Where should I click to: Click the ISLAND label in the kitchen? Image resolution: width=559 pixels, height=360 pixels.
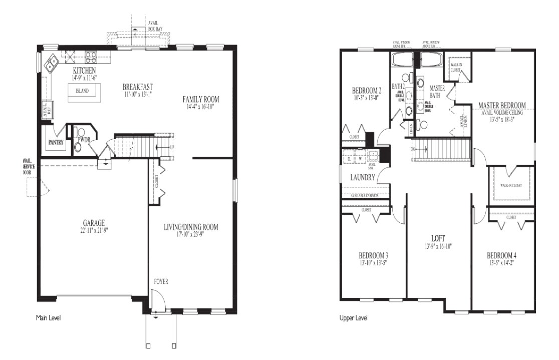click(x=82, y=91)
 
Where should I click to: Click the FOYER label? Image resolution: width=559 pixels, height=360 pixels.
click(x=161, y=282)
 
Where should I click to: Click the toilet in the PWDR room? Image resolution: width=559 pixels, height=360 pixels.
click(x=78, y=147)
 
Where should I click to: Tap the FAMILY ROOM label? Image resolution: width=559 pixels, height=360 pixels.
click(x=201, y=99)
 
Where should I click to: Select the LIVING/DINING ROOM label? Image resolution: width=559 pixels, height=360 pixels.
click(x=191, y=227)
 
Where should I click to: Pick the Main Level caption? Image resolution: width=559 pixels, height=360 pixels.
click(x=49, y=317)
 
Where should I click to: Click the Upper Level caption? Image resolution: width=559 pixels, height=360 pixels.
click(x=354, y=317)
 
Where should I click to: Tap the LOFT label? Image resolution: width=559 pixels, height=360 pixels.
click(x=438, y=238)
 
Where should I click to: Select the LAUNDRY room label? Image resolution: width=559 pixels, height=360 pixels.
click(x=363, y=177)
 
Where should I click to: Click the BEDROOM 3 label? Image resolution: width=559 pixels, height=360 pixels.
click(x=374, y=254)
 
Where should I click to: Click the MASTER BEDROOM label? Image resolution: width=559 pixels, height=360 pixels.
click(x=501, y=105)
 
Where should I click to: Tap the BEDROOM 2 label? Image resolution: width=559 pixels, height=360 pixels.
click(x=367, y=91)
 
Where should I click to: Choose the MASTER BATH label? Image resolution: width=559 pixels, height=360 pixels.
click(x=437, y=91)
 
